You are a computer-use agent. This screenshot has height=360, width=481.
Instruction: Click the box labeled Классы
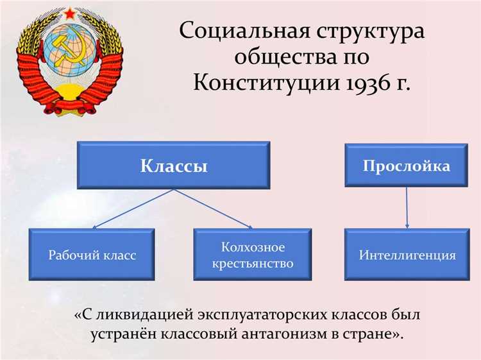pos(174,166)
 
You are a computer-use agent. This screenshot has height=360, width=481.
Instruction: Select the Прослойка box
pos(406,166)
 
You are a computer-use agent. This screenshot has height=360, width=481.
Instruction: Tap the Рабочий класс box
pos(92,255)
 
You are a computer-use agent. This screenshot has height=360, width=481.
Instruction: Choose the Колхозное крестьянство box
pos(253,255)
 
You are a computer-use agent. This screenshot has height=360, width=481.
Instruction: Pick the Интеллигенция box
pos(407,255)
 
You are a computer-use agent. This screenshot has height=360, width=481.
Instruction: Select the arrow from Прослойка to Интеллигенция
pos(407,209)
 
